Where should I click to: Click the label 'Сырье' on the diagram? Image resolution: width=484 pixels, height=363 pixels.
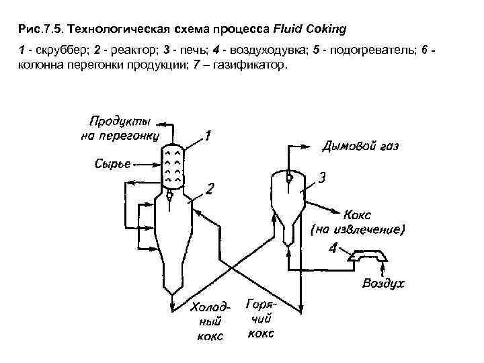coord(112,163)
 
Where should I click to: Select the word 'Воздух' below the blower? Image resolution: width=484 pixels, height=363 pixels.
coord(384,283)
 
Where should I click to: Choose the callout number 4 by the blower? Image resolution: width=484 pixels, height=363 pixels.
coord(334,250)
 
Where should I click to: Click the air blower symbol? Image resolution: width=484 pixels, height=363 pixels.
coord(367,256)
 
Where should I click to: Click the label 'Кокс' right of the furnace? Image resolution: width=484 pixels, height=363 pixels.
coord(357,215)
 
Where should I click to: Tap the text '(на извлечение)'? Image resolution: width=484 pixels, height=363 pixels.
coord(357,230)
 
